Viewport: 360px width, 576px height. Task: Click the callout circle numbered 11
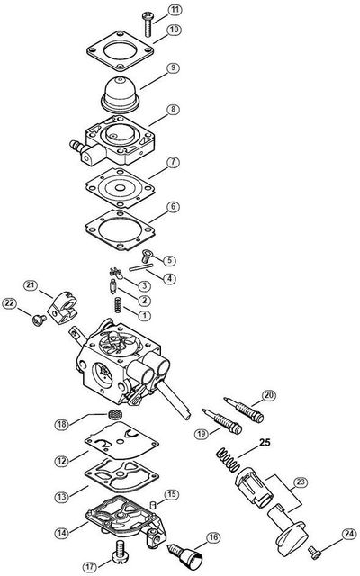tap(175, 10)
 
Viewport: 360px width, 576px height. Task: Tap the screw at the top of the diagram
tap(148, 24)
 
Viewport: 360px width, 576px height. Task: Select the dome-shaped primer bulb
tap(121, 94)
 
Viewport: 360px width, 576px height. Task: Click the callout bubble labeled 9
tap(173, 68)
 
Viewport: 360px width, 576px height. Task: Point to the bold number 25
tap(265, 442)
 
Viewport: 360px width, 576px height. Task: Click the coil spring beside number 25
tap(228, 460)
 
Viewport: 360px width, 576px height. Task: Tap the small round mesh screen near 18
tap(116, 415)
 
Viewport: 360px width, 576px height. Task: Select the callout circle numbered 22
tap(10, 303)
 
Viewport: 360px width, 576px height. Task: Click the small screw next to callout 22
tap(39, 320)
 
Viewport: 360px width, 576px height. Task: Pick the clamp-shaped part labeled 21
tap(62, 308)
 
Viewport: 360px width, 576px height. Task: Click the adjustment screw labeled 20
tap(244, 409)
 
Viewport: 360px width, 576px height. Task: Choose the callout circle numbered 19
tap(201, 434)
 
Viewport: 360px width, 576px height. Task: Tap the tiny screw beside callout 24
tap(315, 552)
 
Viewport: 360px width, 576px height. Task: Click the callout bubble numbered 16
tap(213, 537)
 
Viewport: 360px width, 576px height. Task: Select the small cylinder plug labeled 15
tap(155, 503)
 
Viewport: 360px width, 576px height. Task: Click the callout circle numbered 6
tap(173, 207)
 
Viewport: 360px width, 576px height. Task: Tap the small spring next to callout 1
tap(118, 305)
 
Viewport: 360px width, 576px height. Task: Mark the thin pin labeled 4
tap(141, 267)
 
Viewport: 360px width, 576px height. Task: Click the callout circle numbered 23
tap(301, 481)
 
